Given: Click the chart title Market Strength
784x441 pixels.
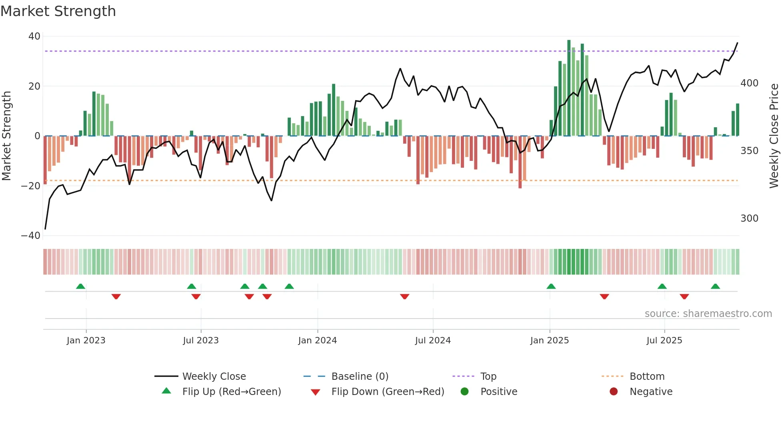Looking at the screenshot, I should pos(58,11).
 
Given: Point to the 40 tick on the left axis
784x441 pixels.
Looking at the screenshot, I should pos(34,36).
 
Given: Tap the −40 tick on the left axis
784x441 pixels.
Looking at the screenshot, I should pos(31,236).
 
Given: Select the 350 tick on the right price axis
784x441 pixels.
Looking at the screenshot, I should pos(749,151).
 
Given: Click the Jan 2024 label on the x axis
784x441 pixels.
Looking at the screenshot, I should pos(318,341).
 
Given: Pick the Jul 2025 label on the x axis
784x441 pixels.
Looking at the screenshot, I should pos(664,341).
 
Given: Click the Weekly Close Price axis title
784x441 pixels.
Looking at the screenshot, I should pos(774,136).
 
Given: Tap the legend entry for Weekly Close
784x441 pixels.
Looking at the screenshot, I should pos(214,377).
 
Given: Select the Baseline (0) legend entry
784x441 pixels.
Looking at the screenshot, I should pos(360,377).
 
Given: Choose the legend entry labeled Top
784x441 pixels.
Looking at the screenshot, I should pos(488,377).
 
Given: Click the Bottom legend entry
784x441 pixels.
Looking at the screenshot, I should pos(647,377).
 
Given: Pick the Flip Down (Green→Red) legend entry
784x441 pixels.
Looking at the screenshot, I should pos(388,392).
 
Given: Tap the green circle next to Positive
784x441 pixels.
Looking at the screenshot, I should pos(464,392).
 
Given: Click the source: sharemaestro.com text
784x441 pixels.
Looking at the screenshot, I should pos(708,314).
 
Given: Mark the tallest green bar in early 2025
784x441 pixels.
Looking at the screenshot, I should pos(569,88).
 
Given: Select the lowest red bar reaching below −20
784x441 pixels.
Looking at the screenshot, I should pos(520,162).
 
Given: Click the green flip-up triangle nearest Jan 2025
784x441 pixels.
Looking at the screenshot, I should pos(551,287).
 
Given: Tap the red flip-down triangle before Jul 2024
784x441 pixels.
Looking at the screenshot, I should pos(404,297).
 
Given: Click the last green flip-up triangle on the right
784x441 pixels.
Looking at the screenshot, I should pos(715,287).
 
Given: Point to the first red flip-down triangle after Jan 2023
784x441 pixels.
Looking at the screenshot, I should pos(116,297).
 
